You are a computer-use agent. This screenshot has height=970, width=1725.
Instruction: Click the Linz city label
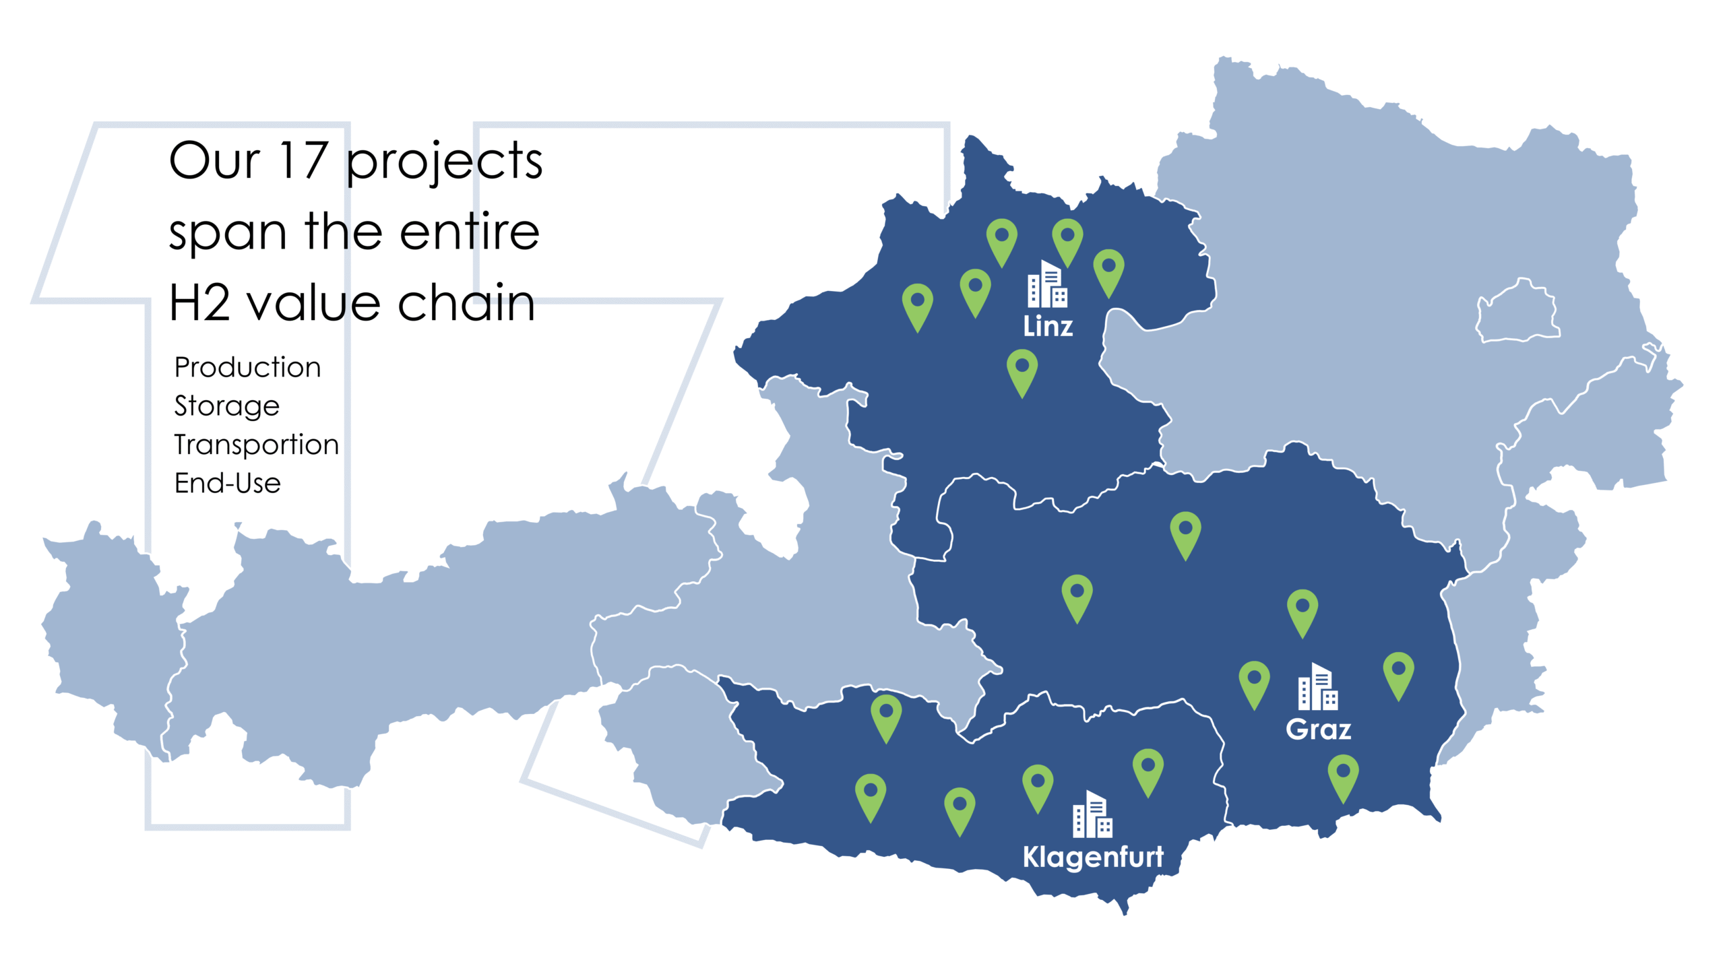coord(1047,327)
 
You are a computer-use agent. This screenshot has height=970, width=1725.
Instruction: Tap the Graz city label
coord(1318,730)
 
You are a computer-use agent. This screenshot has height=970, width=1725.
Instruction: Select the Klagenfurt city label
coord(1092,857)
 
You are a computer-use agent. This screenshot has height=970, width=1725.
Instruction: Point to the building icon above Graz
coord(1318,687)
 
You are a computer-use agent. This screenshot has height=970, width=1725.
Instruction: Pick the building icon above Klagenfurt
coord(1092,814)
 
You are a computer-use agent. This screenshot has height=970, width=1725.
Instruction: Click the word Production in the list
coord(247,368)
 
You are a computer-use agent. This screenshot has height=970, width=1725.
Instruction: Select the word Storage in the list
coord(226,406)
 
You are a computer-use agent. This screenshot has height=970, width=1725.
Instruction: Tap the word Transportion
coord(256,445)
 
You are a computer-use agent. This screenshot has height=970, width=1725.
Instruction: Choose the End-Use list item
coord(227,483)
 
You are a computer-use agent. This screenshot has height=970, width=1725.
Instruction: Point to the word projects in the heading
coord(445,162)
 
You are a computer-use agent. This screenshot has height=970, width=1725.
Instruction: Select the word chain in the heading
coord(466,302)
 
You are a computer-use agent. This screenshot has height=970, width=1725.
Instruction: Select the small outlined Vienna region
coord(1517,311)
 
